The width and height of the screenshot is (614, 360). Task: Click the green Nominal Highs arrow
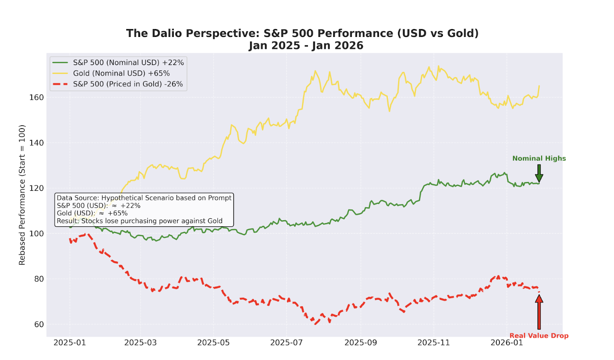click(x=539, y=173)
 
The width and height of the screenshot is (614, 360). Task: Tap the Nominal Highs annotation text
click(x=539, y=158)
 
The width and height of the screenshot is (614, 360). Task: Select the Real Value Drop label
click(x=539, y=336)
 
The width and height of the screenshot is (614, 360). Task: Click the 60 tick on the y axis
click(x=39, y=324)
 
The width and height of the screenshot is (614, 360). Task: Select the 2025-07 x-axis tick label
click(x=287, y=343)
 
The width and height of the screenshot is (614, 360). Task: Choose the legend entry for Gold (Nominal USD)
click(x=121, y=73)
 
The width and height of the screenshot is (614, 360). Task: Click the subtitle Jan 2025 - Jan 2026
click(x=306, y=46)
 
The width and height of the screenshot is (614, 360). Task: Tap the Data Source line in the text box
click(x=144, y=198)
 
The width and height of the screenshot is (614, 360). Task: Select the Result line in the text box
click(x=139, y=221)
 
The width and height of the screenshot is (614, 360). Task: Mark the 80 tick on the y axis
click(x=39, y=279)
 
